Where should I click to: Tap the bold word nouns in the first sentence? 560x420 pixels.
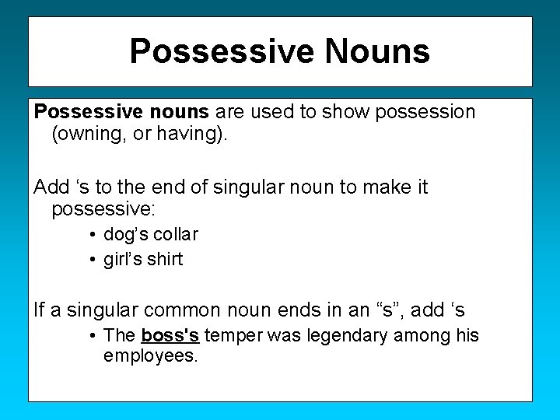[x=180, y=112]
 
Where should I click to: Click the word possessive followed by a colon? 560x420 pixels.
[x=103, y=210]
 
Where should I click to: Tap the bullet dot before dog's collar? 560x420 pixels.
[x=93, y=235]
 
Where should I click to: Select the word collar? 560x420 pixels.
[x=175, y=235]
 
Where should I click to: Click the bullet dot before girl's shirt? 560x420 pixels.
[x=93, y=260]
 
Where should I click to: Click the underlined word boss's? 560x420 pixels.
[x=170, y=336]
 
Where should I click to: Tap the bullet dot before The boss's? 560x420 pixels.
[x=93, y=336]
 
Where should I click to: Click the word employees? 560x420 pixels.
[x=151, y=357]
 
